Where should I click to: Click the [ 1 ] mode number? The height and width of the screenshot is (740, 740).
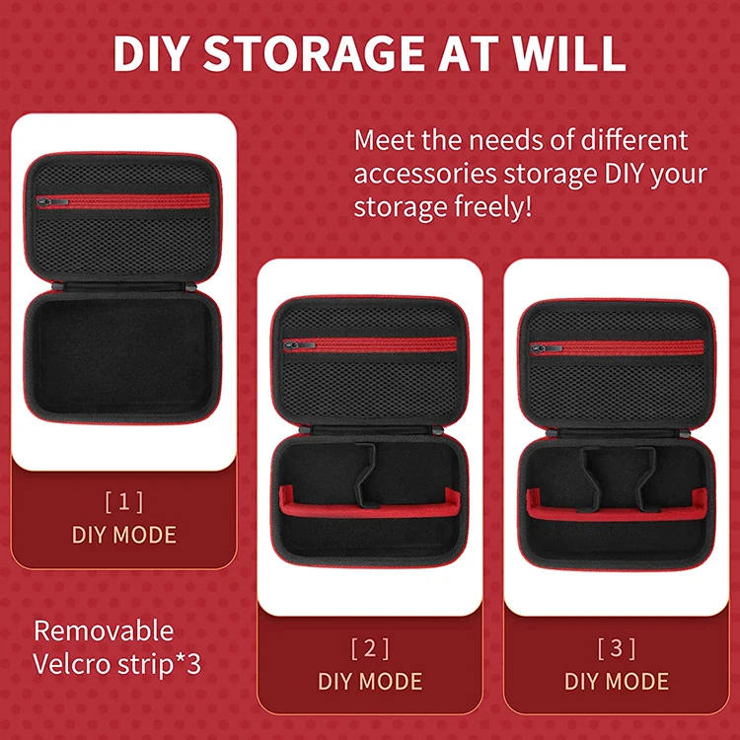point(123,502)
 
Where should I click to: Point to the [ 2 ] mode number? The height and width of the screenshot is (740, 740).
point(370,648)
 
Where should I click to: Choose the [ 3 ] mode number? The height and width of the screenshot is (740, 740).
point(616,648)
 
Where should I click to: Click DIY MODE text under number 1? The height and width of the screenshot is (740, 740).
point(123,535)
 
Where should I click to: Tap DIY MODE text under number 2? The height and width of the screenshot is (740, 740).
point(370,681)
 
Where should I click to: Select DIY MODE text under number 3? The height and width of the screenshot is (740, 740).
point(616,681)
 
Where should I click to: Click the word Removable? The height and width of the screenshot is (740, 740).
point(104,630)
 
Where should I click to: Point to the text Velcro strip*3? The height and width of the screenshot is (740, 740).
point(117,663)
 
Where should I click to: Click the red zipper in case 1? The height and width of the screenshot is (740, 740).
point(128,201)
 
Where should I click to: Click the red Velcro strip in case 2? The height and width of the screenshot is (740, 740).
point(370,509)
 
